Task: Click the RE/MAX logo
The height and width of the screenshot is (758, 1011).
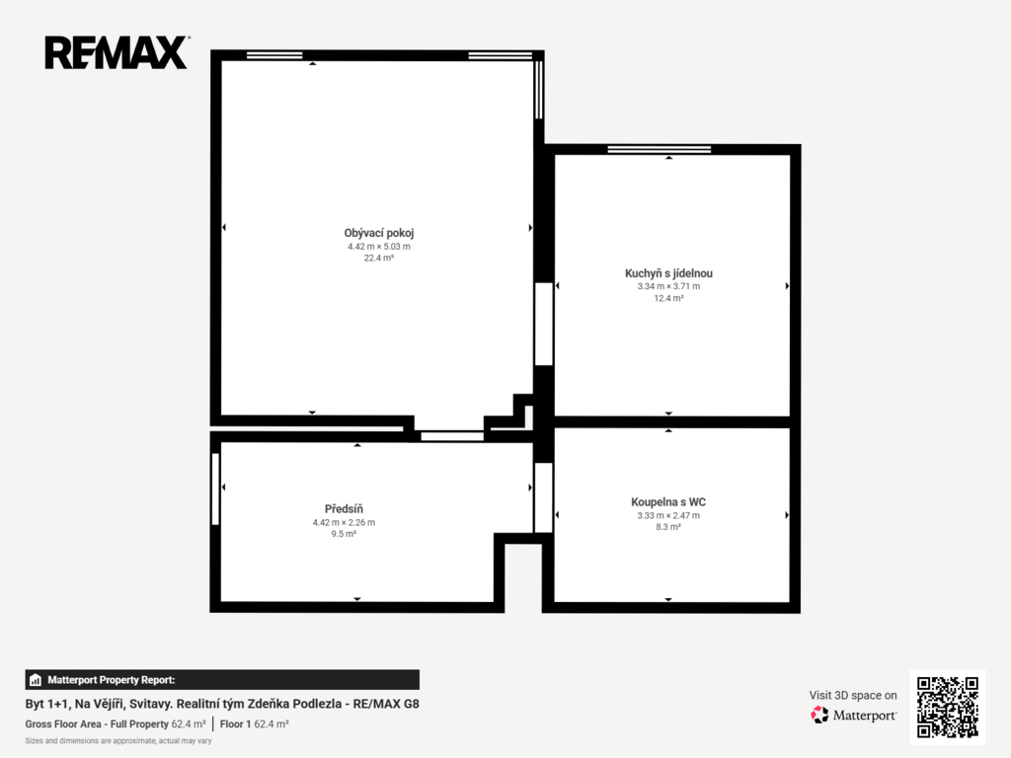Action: [117, 52]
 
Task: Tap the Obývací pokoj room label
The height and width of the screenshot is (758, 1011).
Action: [379, 233]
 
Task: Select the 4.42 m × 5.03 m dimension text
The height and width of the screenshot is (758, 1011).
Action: [379, 246]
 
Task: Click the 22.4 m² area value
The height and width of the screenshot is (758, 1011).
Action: [379, 258]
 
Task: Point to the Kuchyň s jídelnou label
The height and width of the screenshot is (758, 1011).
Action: [668, 273]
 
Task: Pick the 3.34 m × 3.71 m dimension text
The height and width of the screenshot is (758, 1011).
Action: [668, 286]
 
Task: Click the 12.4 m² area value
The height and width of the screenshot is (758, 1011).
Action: [668, 298]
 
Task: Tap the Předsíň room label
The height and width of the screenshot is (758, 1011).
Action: [344, 509]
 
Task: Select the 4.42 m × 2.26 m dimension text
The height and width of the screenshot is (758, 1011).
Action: [344, 523]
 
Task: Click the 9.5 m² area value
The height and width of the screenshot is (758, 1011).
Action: [344, 534]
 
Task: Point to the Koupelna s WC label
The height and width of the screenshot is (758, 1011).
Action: [668, 502]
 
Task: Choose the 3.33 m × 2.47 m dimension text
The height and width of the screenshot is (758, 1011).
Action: [668, 515]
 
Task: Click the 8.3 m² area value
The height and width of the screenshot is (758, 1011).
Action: [668, 527]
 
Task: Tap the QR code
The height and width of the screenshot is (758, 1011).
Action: [947, 707]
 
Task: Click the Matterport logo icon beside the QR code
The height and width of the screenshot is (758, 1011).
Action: [819, 715]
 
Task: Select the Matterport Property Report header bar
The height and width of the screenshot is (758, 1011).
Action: [222, 680]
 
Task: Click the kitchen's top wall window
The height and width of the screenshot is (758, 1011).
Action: [659, 150]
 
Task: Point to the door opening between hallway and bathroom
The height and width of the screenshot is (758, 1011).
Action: [544, 497]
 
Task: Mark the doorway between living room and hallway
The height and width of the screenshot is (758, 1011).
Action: [452, 436]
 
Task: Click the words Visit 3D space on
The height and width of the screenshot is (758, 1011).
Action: [853, 696]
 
